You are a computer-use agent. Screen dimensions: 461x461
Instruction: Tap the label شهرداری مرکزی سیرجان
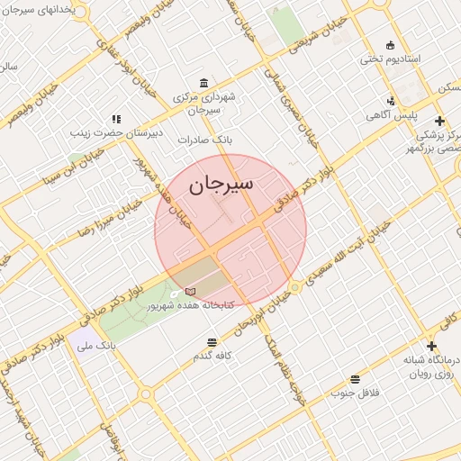205,104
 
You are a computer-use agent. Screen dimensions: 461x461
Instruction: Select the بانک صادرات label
205,140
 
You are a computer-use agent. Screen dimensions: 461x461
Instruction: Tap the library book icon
189,292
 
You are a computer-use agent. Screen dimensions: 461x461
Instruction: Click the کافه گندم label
212,356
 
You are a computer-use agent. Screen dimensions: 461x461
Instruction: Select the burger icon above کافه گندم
212,342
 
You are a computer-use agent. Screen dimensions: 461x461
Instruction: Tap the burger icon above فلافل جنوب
356,380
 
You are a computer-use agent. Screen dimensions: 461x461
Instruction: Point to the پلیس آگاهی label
395,115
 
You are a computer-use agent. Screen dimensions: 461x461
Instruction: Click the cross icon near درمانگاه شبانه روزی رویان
431,347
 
